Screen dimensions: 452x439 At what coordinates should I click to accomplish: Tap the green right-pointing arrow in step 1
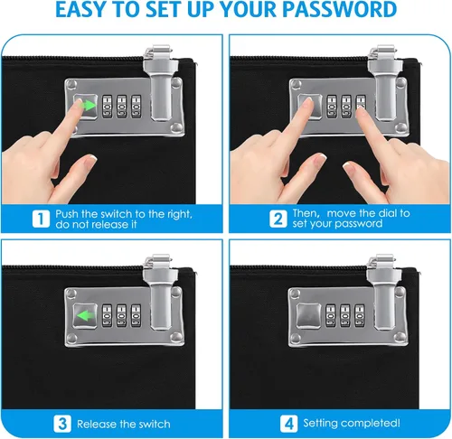click(89, 106)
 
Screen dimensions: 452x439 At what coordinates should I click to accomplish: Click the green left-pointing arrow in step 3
click(85, 316)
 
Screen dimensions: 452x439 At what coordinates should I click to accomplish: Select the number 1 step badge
click(41, 219)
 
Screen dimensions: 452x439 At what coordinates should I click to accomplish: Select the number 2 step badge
click(278, 219)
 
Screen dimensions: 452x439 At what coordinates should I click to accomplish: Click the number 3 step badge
click(62, 424)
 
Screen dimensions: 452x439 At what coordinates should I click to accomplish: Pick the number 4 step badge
click(288, 424)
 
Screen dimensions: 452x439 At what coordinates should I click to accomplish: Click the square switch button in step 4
click(309, 315)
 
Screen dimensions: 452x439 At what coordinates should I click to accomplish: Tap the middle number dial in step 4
click(345, 315)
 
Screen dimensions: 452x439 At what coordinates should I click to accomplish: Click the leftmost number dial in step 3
click(107, 315)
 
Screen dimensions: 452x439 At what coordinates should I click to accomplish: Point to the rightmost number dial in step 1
click(136, 107)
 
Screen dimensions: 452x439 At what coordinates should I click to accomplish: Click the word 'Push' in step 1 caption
click(67, 214)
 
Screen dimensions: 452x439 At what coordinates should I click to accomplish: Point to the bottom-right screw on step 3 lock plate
click(176, 337)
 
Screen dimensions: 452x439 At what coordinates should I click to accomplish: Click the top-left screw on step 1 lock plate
click(71, 85)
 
